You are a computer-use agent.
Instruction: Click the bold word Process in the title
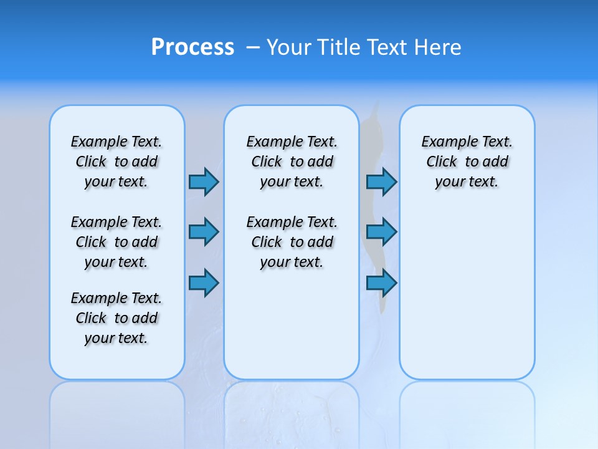point(192,47)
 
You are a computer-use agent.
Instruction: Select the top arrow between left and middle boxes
point(204,181)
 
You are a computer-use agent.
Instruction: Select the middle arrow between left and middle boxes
point(204,232)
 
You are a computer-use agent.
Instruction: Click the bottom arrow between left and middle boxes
point(204,283)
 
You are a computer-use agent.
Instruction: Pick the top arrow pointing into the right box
point(381,181)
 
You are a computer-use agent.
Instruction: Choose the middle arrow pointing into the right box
point(381,232)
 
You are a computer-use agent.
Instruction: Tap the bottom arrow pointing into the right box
point(381,283)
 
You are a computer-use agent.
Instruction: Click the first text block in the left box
point(116,162)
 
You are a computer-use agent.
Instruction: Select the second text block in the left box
point(116,242)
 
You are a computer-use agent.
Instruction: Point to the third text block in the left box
point(116,318)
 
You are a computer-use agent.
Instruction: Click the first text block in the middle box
point(292,162)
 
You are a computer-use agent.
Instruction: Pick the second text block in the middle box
point(292,242)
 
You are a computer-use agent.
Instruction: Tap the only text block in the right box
point(467,162)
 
